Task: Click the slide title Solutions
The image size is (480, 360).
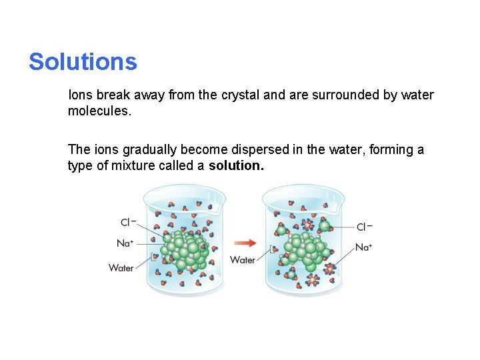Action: (x=83, y=62)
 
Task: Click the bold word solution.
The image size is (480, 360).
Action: (x=236, y=166)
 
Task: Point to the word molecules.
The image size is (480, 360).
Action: (x=99, y=111)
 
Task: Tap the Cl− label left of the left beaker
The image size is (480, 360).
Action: (x=128, y=223)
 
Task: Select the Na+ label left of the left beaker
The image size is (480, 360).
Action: (x=125, y=243)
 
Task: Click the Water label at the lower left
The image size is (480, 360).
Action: (x=121, y=268)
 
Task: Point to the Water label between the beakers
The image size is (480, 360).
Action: (x=243, y=260)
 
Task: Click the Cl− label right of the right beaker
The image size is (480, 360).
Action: (x=364, y=227)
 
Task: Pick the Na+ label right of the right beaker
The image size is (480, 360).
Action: (x=364, y=247)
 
